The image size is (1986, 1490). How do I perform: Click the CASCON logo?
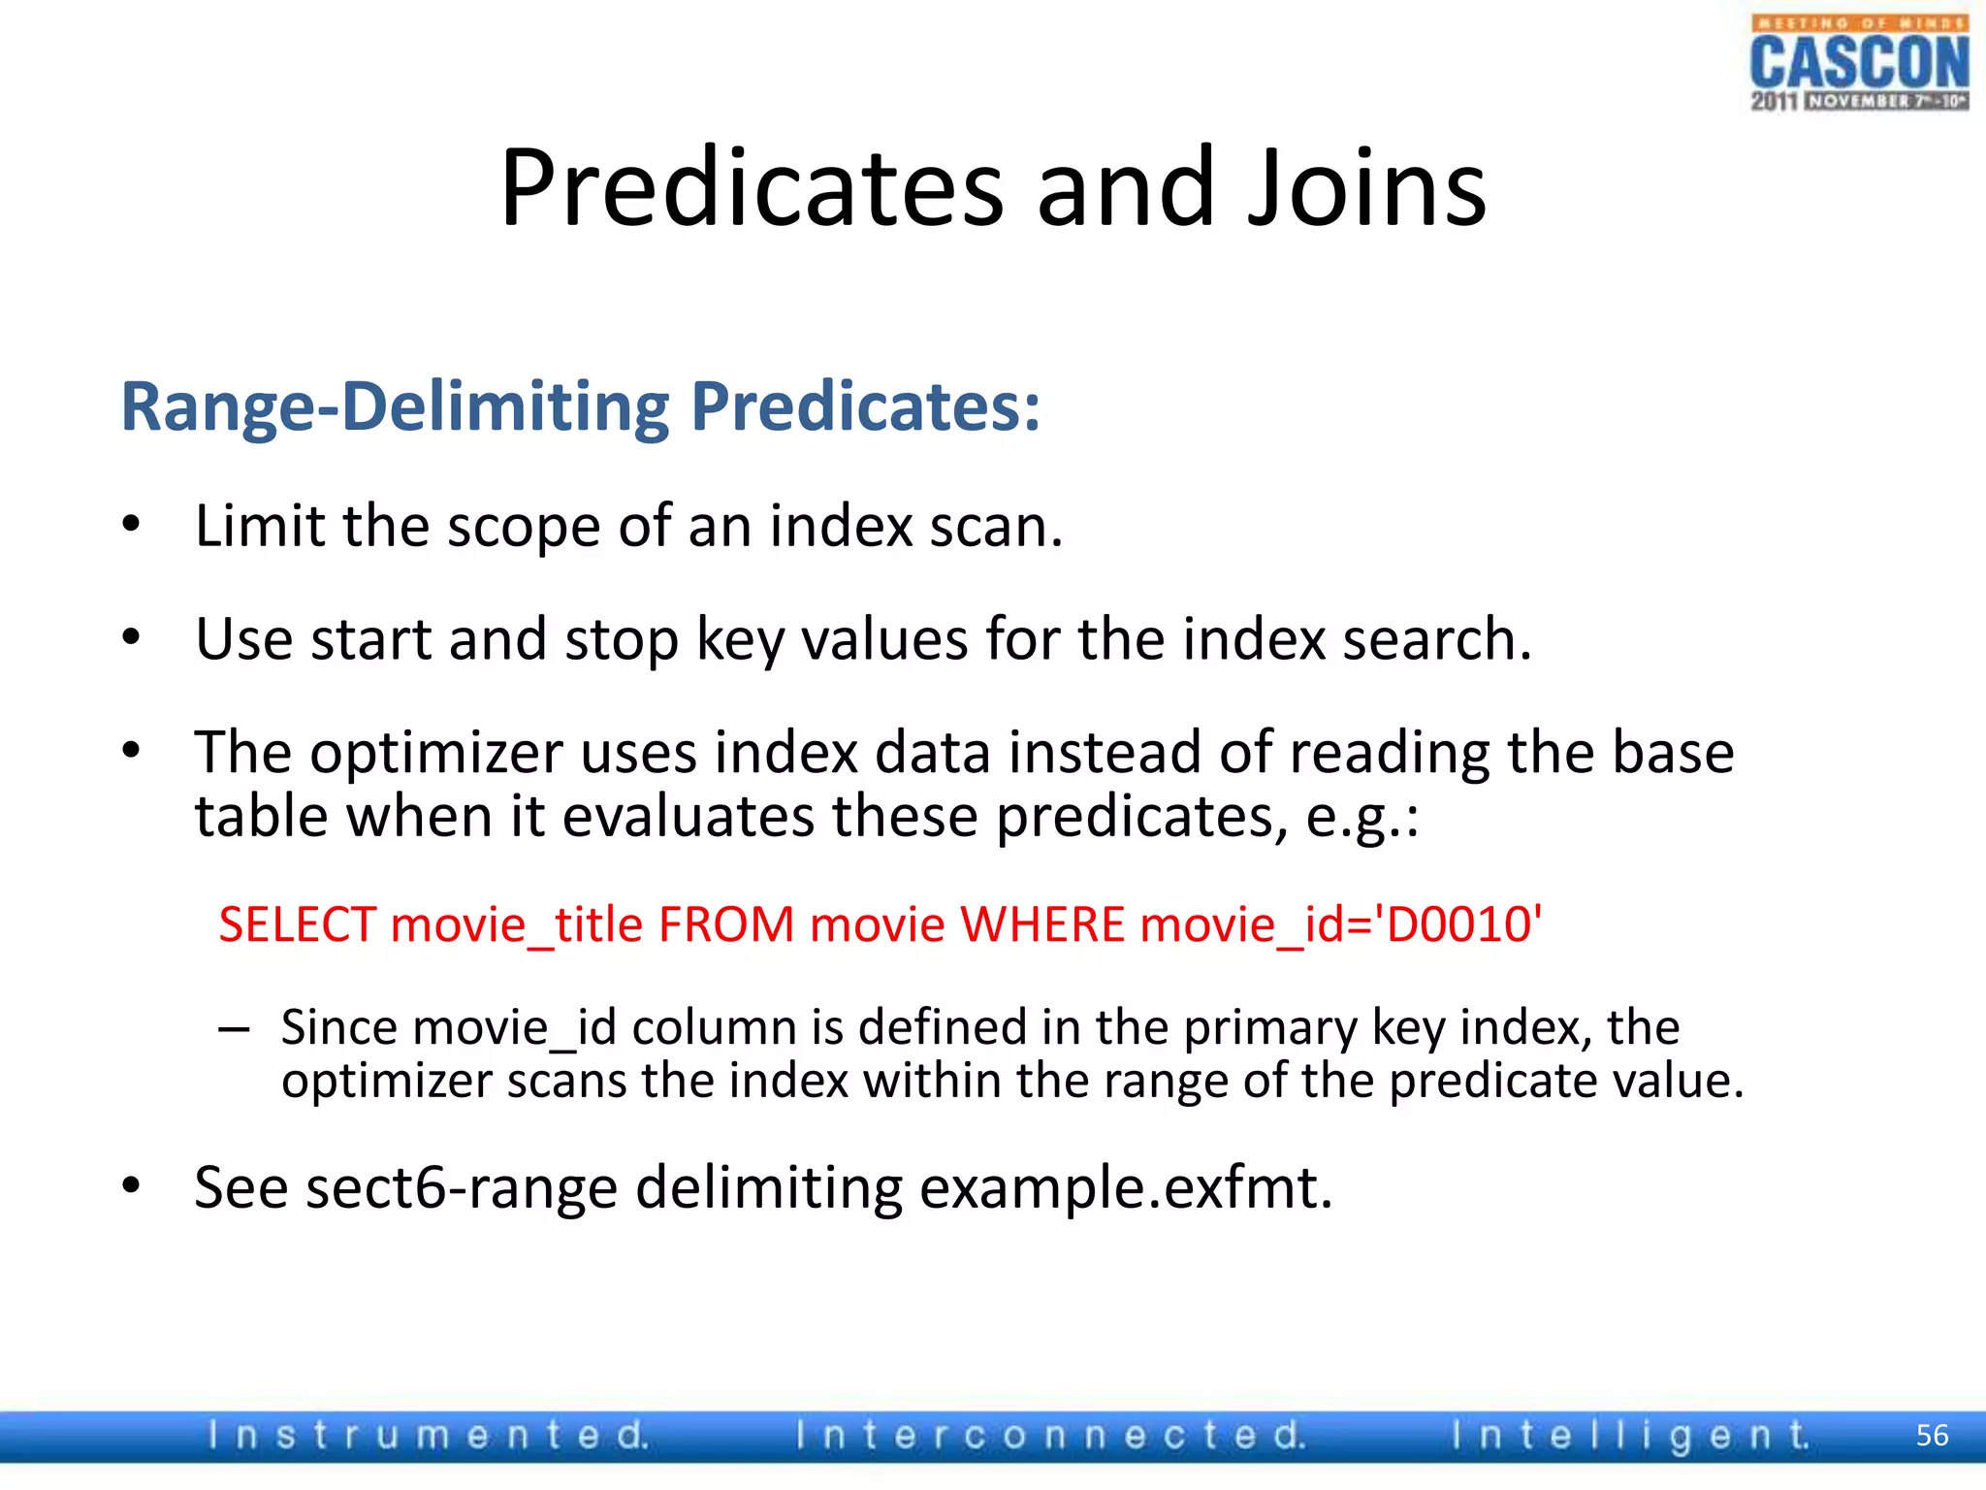1859,63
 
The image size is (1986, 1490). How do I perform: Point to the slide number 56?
1932,1435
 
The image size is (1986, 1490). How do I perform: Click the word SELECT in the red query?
297,923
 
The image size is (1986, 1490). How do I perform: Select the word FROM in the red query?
726,923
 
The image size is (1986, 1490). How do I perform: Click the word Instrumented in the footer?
428,1435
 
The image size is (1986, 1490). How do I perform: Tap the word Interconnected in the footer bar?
1050,1435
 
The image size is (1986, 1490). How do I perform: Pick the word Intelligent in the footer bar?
1630,1435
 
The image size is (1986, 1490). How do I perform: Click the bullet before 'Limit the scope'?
132,526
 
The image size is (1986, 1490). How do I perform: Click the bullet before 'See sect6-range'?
132,1186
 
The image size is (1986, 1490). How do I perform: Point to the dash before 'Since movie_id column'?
234,1028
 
